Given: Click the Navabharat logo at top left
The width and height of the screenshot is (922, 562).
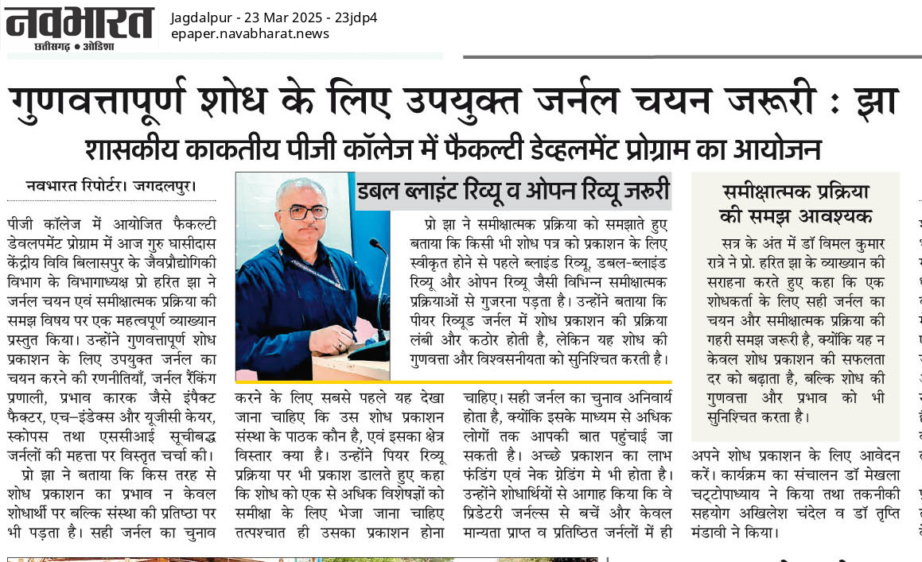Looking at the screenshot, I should point(79,22).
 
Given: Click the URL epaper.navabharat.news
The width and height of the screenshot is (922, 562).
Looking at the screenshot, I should point(249,33).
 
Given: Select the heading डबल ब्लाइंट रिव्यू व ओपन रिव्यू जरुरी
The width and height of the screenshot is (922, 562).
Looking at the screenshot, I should point(513,192).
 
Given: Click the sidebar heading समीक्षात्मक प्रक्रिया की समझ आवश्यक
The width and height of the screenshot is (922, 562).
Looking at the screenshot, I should point(795,203).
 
